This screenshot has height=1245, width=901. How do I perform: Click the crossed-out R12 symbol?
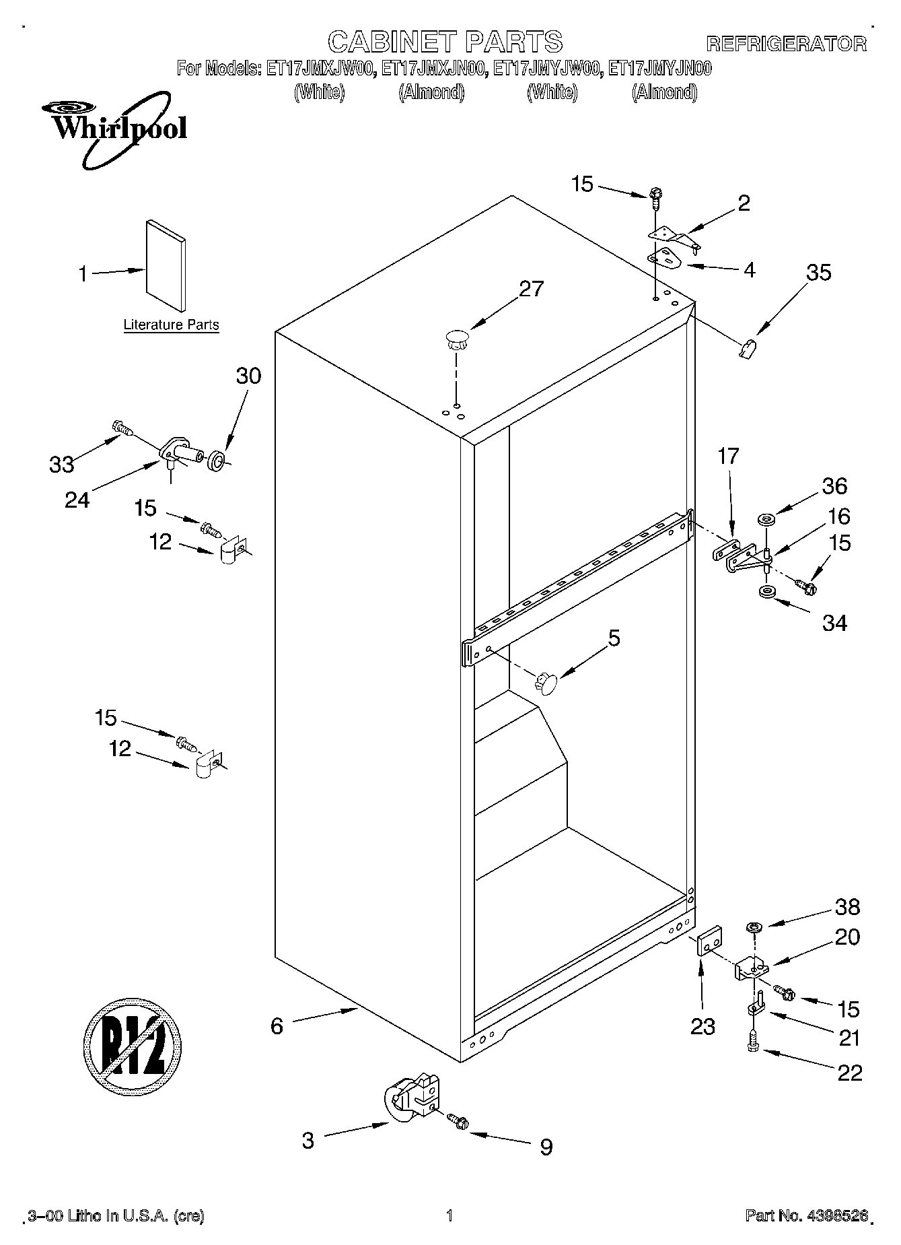click(x=133, y=1044)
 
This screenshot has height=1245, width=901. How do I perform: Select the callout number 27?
click(x=531, y=288)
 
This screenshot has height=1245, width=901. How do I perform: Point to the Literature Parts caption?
click(x=171, y=325)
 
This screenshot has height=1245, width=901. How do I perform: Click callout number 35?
click(x=818, y=272)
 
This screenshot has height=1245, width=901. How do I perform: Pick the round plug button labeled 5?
click(x=546, y=683)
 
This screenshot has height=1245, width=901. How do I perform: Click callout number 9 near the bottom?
click(x=546, y=1146)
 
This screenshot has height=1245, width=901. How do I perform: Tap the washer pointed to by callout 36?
click(x=766, y=520)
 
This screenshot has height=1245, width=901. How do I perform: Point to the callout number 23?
click(x=702, y=1026)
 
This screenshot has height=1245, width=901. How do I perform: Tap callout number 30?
click(x=248, y=375)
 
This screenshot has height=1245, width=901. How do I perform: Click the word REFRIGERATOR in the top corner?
click(x=786, y=44)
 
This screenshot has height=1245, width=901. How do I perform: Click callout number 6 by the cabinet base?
click(x=277, y=1025)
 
